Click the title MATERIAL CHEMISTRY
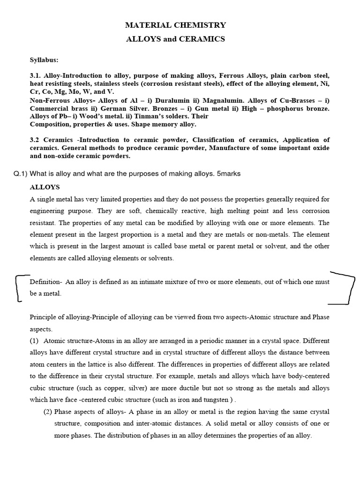(176, 25)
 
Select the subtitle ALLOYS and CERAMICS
(176, 39)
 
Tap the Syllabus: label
(44, 60)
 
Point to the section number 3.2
(36, 140)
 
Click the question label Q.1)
(21, 173)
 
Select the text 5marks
(229, 173)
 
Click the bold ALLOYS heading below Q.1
(45, 187)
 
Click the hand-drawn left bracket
(19, 288)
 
